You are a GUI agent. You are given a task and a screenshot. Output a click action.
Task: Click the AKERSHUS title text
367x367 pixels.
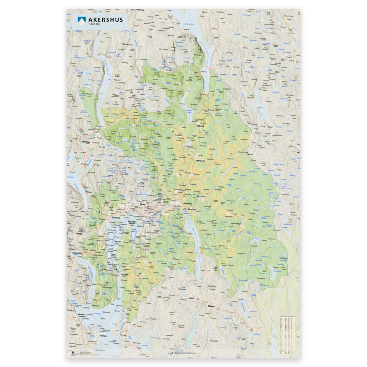click(106, 20)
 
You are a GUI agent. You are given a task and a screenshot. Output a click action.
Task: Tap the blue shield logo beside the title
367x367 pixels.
click(81, 20)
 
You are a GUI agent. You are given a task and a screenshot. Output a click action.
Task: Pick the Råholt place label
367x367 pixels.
click(201, 126)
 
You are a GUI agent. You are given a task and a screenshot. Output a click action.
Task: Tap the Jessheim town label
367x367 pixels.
click(199, 161)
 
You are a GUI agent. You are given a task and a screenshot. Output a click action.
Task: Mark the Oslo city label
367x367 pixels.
click(142, 204)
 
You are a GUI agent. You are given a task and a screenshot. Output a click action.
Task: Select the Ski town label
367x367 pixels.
click(150, 262)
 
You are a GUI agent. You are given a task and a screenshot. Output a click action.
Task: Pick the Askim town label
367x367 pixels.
click(192, 297)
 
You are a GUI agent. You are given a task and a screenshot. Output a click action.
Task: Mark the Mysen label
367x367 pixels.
click(211, 306)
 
